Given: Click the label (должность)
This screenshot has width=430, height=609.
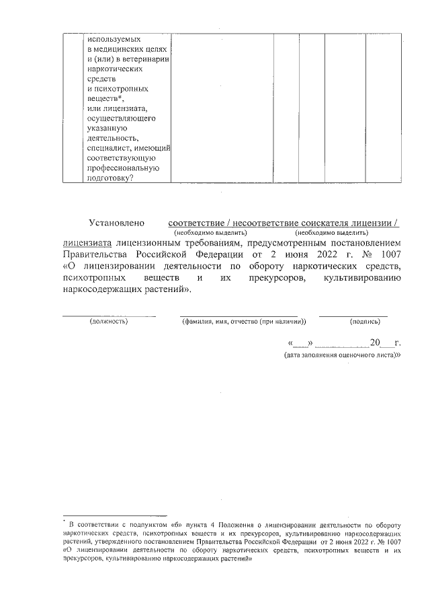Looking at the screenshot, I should tap(109, 321).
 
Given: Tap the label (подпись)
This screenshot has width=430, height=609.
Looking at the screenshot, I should tap(353, 321).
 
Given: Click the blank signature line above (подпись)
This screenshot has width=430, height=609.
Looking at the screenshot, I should tap(353, 314).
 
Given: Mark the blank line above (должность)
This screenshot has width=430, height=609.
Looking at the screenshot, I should tap(109, 314).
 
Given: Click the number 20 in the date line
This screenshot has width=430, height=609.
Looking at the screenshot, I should tap(365, 341).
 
